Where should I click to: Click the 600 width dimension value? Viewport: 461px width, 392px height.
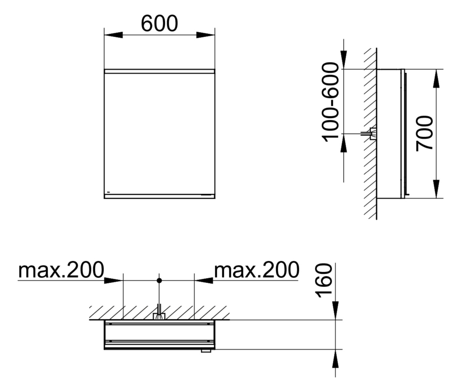(x=159, y=24)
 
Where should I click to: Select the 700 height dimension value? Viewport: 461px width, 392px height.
(x=424, y=133)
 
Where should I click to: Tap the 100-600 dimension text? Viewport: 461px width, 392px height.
(x=330, y=102)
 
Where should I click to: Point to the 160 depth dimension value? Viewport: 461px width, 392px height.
(x=324, y=280)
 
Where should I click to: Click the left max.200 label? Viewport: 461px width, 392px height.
(x=61, y=270)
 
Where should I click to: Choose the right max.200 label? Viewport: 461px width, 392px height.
(x=256, y=270)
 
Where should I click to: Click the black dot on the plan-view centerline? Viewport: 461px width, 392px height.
(x=159, y=280)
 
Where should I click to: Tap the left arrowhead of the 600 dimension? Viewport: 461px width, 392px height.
(x=113, y=35)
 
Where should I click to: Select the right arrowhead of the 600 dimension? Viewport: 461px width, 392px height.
(x=206, y=35)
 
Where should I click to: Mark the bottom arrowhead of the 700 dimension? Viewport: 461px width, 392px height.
(x=436, y=189)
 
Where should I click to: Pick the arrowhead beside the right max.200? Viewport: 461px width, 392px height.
(x=204, y=280)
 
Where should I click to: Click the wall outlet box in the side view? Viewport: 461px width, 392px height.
(x=373, y=133)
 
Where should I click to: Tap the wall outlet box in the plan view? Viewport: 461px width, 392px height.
(x=159, y=316)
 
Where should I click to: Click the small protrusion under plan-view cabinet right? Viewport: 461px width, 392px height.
(x=206, y=351)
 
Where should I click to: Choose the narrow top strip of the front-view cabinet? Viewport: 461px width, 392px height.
(x=159, y=71)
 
